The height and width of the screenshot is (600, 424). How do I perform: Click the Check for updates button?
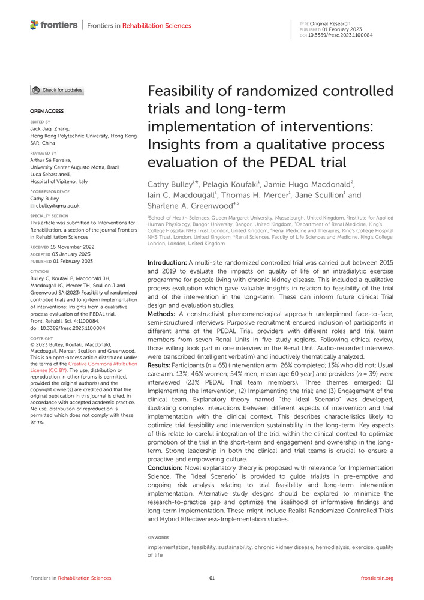[58, 91]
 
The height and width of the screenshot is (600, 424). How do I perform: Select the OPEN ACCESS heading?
[47, 112]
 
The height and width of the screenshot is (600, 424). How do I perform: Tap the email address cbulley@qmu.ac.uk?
[58, 205]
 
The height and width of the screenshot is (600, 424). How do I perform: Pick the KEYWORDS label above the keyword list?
[158, 538]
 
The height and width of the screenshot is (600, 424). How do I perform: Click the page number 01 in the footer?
[212, 578]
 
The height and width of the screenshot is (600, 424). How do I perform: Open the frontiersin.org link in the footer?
[377, 578]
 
